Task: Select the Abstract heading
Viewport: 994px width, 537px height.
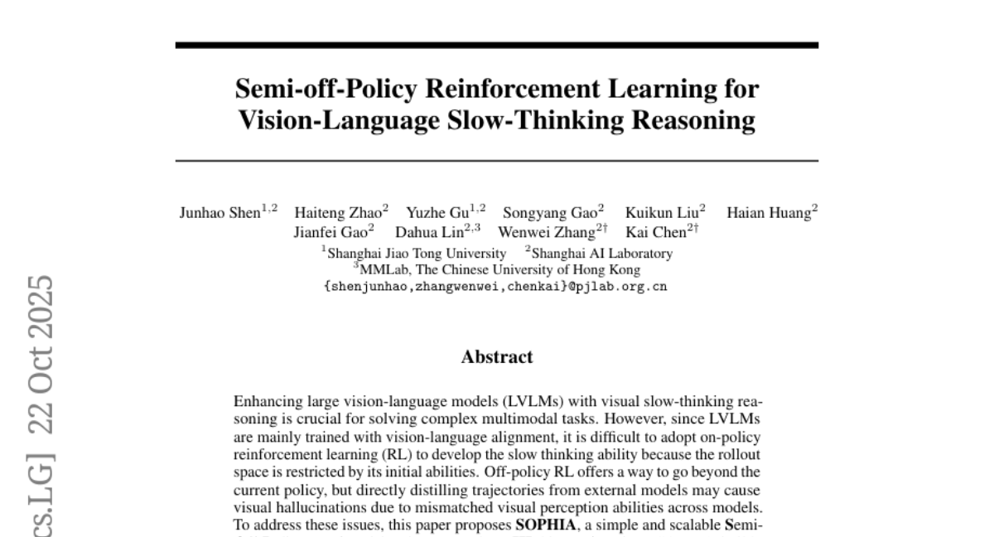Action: [497, 357]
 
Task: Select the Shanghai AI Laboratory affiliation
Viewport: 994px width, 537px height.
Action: [601, 253]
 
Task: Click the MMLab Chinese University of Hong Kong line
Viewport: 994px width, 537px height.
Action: [497, 269]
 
